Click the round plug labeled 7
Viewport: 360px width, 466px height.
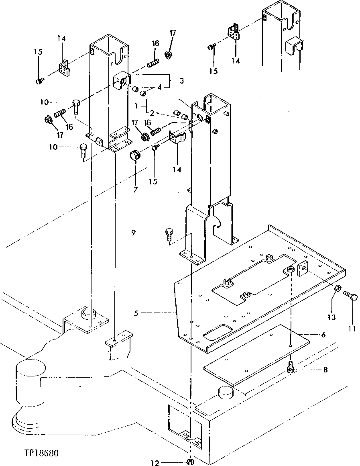(135, 155)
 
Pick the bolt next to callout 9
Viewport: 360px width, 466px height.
(169, 235)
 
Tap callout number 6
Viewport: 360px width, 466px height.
(323, 334)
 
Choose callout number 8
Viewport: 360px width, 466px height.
(325, 370)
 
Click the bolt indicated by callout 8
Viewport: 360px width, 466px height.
(290, 367)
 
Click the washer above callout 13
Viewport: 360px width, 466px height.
(338, 288)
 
